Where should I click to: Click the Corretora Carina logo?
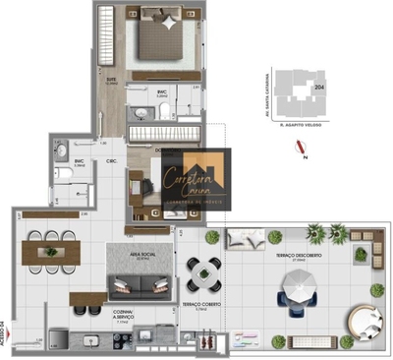point(196,180)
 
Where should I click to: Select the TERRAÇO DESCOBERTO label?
point(315,253)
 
